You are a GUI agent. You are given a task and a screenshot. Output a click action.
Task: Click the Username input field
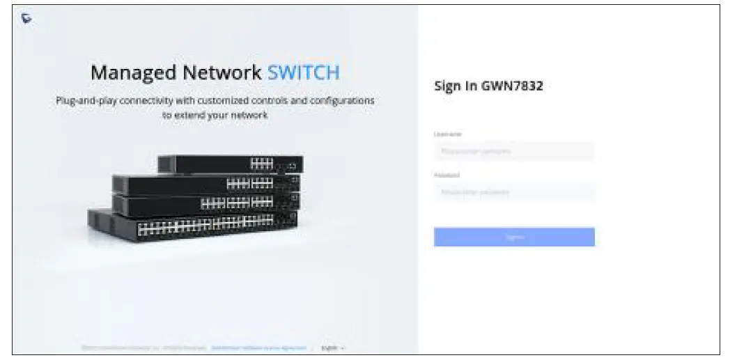click(513, 151)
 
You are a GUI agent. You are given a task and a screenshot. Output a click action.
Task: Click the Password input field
click(513, 192)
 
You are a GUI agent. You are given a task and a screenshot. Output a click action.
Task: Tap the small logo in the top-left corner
click(26, 19)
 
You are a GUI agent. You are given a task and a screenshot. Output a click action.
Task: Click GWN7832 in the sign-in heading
click(512, 87)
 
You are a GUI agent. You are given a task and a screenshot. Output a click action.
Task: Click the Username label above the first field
click(448, 134)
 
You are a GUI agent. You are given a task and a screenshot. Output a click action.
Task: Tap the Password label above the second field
click(447, 175)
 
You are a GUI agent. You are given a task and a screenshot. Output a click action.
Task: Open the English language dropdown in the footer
click(333, 347)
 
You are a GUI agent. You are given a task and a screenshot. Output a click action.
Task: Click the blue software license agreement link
click(258, 347)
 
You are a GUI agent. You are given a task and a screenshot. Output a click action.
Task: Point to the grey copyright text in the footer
click(143, 347)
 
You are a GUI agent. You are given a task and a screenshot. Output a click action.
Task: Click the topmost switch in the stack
click(230, 164)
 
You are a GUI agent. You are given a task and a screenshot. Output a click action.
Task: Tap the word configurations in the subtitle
click(340, 101)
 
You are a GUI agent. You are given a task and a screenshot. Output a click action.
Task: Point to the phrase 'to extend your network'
click(215, 116)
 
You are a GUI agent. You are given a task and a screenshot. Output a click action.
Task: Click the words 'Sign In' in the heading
click(456, 87)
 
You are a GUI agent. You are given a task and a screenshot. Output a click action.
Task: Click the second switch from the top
click(205, 184)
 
